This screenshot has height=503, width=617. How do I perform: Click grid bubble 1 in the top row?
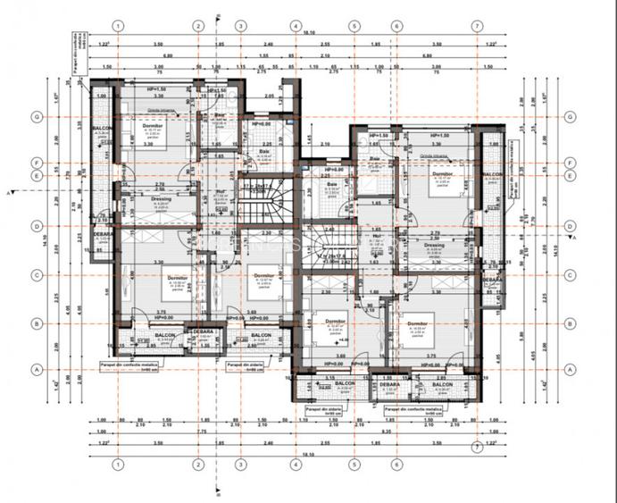click(x=117, y=26)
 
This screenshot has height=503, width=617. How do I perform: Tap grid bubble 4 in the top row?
click(x=295, y=26)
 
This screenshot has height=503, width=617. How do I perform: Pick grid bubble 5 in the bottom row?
click(x=354, y=464)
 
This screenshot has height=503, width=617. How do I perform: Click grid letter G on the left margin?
click(x=38, y=117)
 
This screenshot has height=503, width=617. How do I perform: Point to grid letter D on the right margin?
click(x=569, y=226)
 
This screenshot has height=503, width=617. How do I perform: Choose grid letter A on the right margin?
click(x=569, y=368)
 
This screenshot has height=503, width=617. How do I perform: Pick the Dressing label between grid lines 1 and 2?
click(x=138, y=198)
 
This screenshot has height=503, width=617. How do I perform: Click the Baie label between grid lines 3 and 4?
click(x=264, y=151)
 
